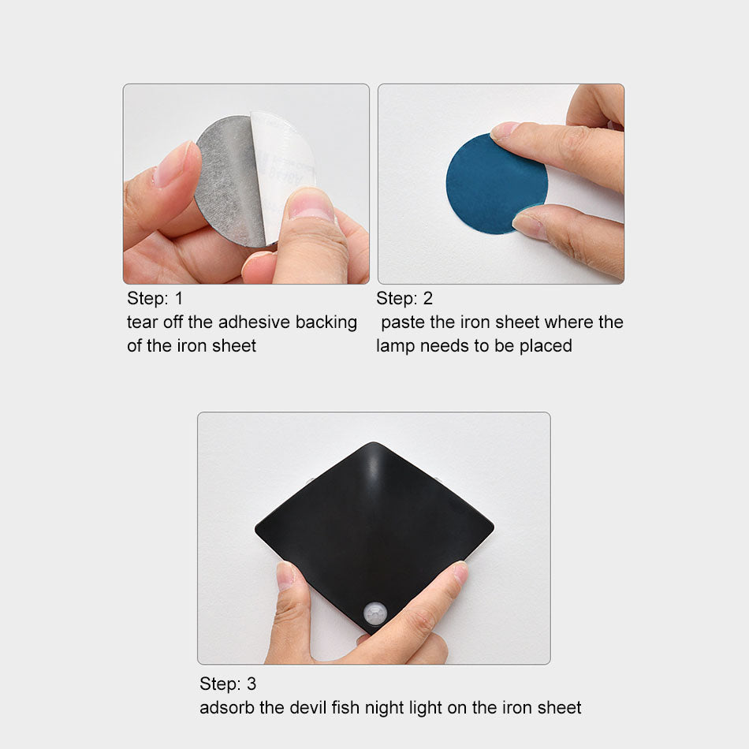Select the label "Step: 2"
coord(404,299)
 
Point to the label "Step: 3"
coord(228,684)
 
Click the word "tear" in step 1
coord(140,322)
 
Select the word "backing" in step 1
coord(326,322)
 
